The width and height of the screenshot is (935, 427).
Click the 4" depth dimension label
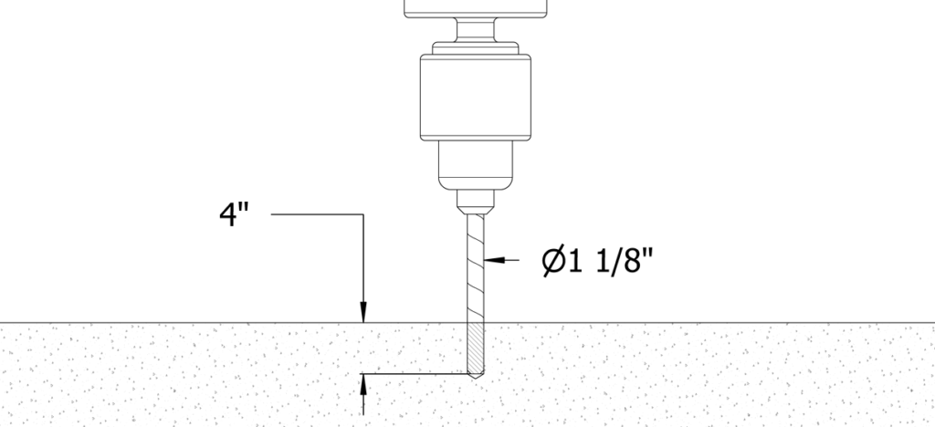234,215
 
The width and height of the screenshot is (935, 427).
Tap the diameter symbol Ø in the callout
552,262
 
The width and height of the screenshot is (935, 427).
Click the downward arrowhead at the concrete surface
363,313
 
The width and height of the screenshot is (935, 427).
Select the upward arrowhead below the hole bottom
363,384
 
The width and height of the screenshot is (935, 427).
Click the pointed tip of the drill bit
475,376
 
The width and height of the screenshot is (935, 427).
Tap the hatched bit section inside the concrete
475,348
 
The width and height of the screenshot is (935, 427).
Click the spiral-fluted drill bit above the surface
475,268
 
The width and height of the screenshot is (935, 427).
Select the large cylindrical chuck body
475,98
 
